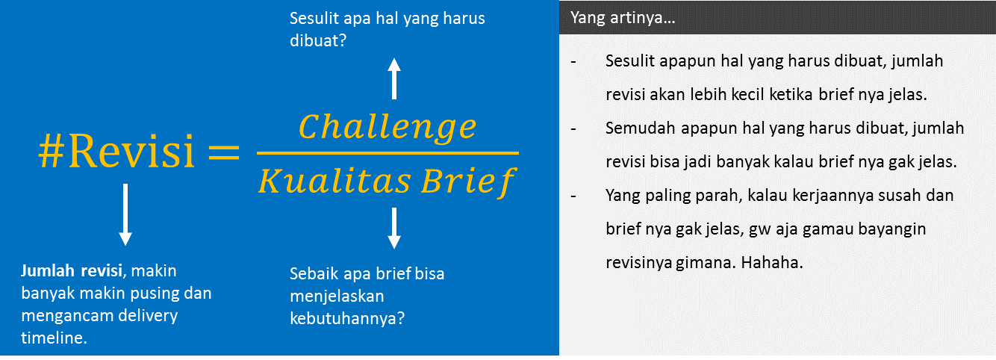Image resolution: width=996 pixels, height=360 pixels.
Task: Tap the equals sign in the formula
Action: tap(222, 152)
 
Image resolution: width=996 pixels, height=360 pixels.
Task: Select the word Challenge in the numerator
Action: tap(387, 127)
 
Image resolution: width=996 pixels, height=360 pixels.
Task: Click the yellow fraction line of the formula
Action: tap(387, 153)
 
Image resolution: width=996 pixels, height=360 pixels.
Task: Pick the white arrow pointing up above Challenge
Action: tap(394, 79)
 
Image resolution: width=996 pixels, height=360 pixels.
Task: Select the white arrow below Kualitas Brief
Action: tap(394, 229)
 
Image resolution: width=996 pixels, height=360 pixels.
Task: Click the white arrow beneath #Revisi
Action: tap(125, 214)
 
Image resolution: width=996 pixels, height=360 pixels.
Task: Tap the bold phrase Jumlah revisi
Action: tap(73, 270)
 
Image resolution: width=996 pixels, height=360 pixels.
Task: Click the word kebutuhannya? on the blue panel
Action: tap(347, 318)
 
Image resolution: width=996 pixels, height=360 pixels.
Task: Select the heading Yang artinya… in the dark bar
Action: tap(623, 18)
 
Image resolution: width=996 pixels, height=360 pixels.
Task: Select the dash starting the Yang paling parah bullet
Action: tap(573, 196)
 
